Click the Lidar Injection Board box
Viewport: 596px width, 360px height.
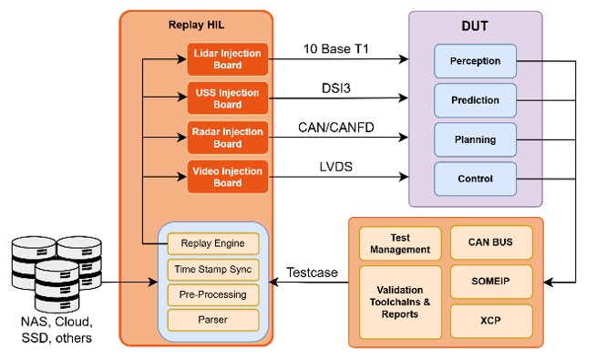[227, 59]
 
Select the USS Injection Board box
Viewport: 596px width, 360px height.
[227, 98]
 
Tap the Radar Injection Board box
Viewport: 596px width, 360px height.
[227, 138]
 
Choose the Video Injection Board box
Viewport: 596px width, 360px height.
[227, 177]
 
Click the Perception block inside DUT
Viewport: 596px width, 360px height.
[475, 61]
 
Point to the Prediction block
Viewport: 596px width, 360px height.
[475, 100]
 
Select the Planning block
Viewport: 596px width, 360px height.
[475, 139]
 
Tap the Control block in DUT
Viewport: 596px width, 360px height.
[475, 179]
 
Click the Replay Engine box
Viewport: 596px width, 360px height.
[213, 243]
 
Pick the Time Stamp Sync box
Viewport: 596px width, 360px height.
[213, 270]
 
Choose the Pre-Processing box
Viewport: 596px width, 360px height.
[213, 294]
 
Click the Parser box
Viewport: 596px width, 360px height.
[213, 320]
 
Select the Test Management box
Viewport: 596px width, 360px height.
[400, 243]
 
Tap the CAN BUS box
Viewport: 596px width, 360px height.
[491, 242]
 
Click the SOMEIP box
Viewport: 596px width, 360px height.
[491, 282]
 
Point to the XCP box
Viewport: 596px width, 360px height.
[491, 321]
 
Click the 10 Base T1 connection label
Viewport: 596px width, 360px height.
[336, 48]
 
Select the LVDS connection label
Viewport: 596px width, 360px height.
[336, 167]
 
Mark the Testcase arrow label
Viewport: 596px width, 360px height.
[312, 273]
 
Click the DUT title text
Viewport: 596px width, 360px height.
[475, 26]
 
